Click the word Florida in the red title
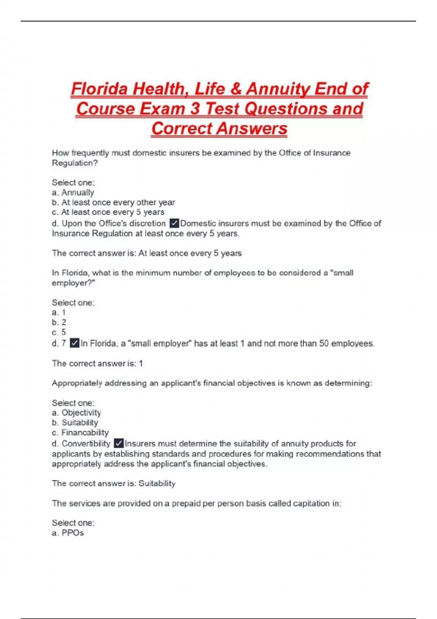[x=99, y=89]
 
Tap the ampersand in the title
[x=236, y=89]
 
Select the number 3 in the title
[x=195, y=109]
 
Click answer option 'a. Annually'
[x=73, y=192]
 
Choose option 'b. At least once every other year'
[x=113, y=202]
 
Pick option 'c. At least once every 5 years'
[x=108, y=212]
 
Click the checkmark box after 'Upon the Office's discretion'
[x=174, y=223]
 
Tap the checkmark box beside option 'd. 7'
[x=74, y=343]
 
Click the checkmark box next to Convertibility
[x=119, y=443]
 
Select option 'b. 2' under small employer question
[x=59, y=322]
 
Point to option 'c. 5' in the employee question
[x=59, y=332]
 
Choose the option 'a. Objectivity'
[x=76, y=413]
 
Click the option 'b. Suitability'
[x=75, y=422]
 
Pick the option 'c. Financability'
[x=80, y=433]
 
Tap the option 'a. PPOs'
[x=68, y=533]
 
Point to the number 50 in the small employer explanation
[x=324, y=343]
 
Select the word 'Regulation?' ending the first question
[x=75, y=163]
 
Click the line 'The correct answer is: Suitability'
[x=114, y=483]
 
